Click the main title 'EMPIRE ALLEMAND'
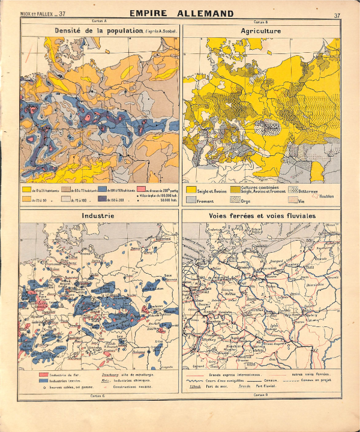180,14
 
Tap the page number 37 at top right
337,14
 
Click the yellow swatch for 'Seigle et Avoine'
191,190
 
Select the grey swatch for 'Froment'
191,201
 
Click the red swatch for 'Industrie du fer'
43,374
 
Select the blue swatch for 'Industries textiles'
43,381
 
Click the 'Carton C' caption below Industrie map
99,396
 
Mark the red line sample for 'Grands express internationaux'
195,374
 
